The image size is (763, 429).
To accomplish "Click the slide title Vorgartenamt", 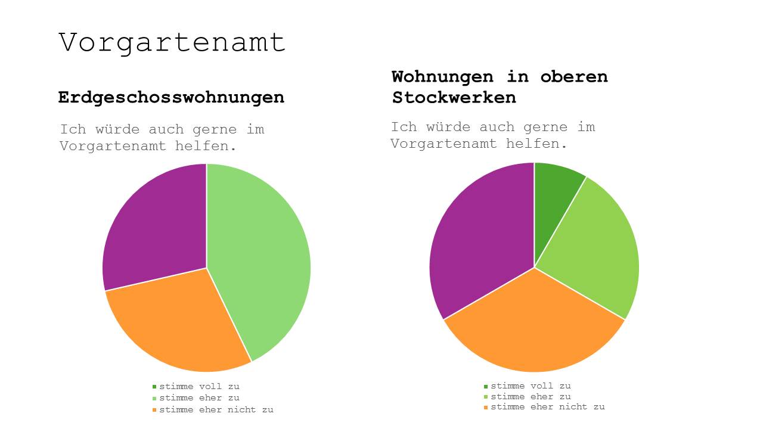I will [172, 43].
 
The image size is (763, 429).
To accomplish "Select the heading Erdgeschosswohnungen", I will [171, 97].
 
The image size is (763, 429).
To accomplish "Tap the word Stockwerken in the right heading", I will [454, 98].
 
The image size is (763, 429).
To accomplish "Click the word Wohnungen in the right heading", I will [442, 77].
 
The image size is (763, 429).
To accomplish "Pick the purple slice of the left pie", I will [155, 226].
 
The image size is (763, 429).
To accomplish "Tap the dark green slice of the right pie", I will [554, 197].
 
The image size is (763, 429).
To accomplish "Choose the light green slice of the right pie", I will [596, 250].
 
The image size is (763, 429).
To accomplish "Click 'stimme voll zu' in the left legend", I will [199, 387].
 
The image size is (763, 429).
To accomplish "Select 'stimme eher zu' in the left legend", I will [199, 398].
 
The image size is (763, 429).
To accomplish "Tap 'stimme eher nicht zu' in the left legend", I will [216, 410].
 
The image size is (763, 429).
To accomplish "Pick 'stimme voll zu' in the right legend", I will [531, 386].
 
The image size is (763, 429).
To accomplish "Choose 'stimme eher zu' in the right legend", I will [531, 397].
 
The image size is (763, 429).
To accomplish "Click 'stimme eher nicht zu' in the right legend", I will [547, 407].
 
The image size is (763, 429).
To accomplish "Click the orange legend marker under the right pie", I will [486, 408].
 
